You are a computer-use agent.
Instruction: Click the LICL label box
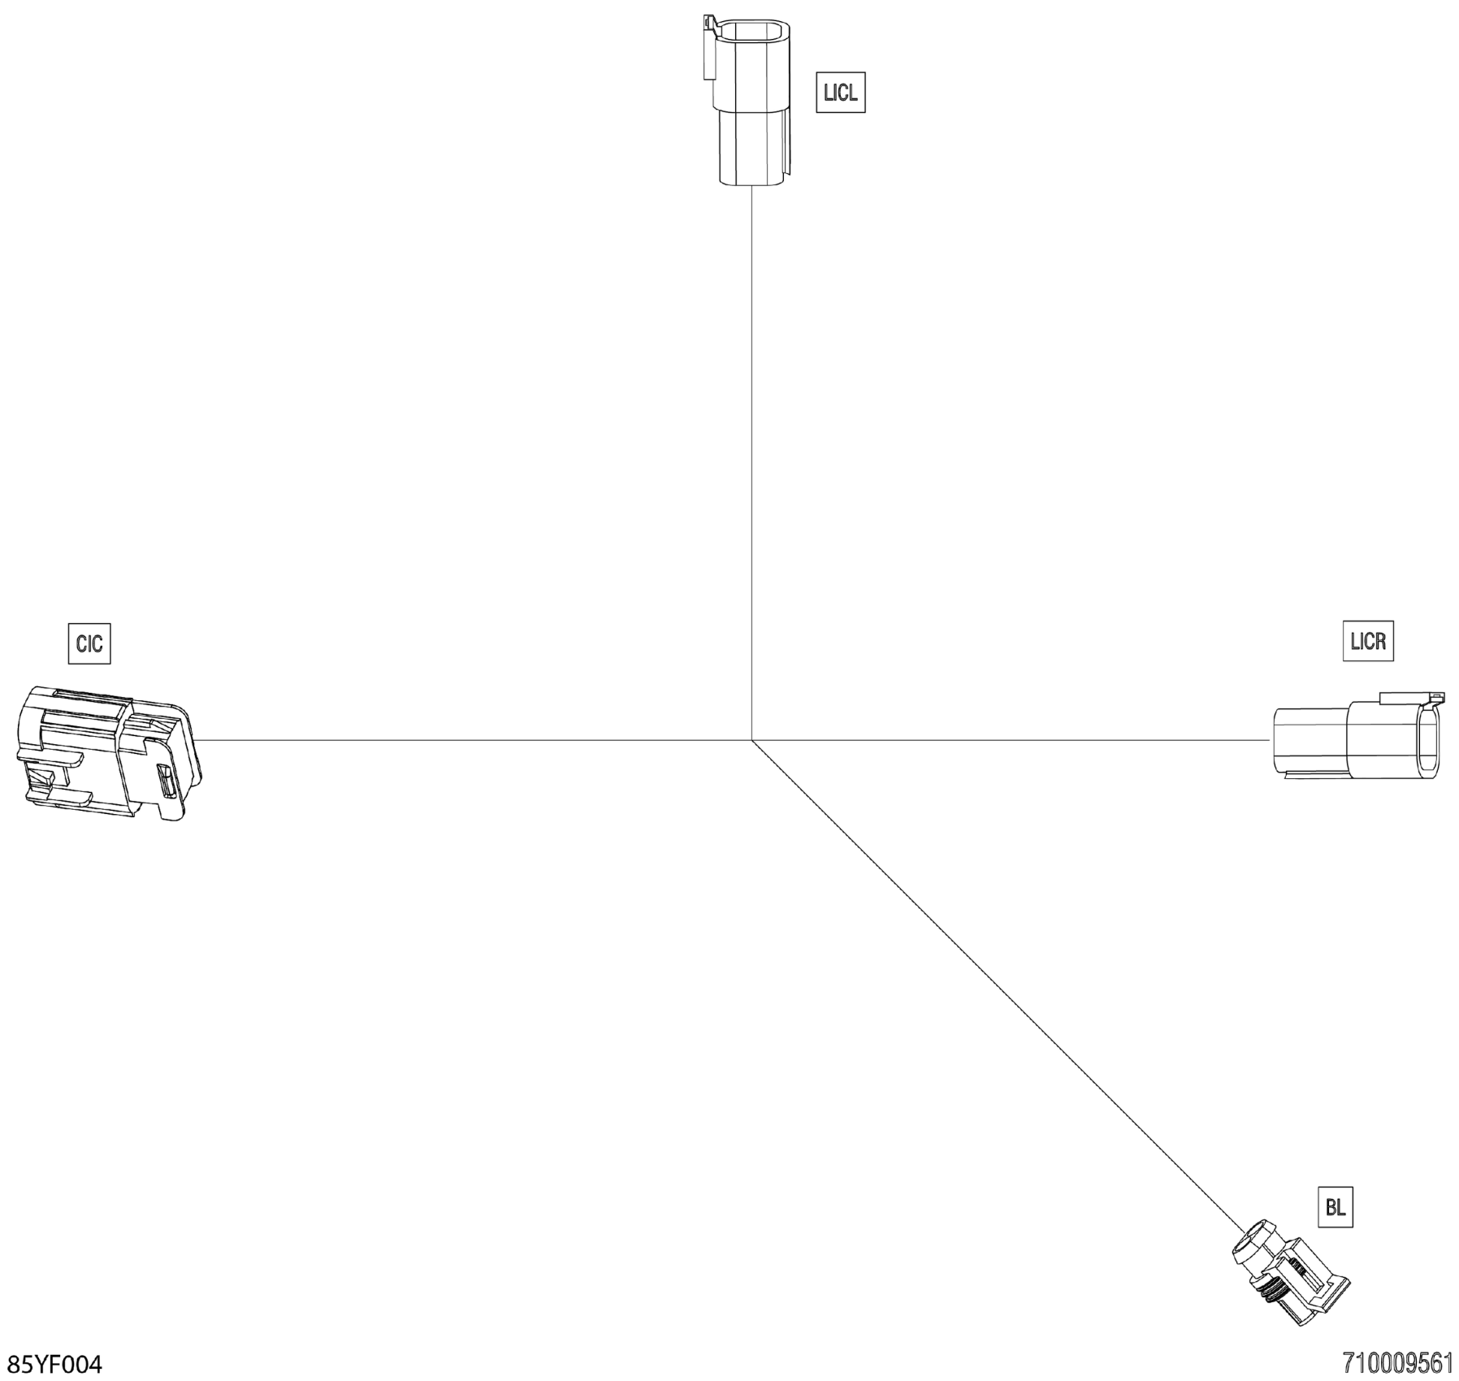click(x=840, y=93)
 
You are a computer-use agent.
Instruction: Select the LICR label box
click(x=1368, y=641)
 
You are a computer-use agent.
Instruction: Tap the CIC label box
click(x=89, y=644)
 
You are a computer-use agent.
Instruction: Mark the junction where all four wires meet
click(x=752, y=740)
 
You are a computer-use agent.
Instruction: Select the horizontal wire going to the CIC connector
click(x=471, y=740)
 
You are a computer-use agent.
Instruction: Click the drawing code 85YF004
click(x=54, y=1365)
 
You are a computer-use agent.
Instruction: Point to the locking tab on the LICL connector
click(x=709, y=49)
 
